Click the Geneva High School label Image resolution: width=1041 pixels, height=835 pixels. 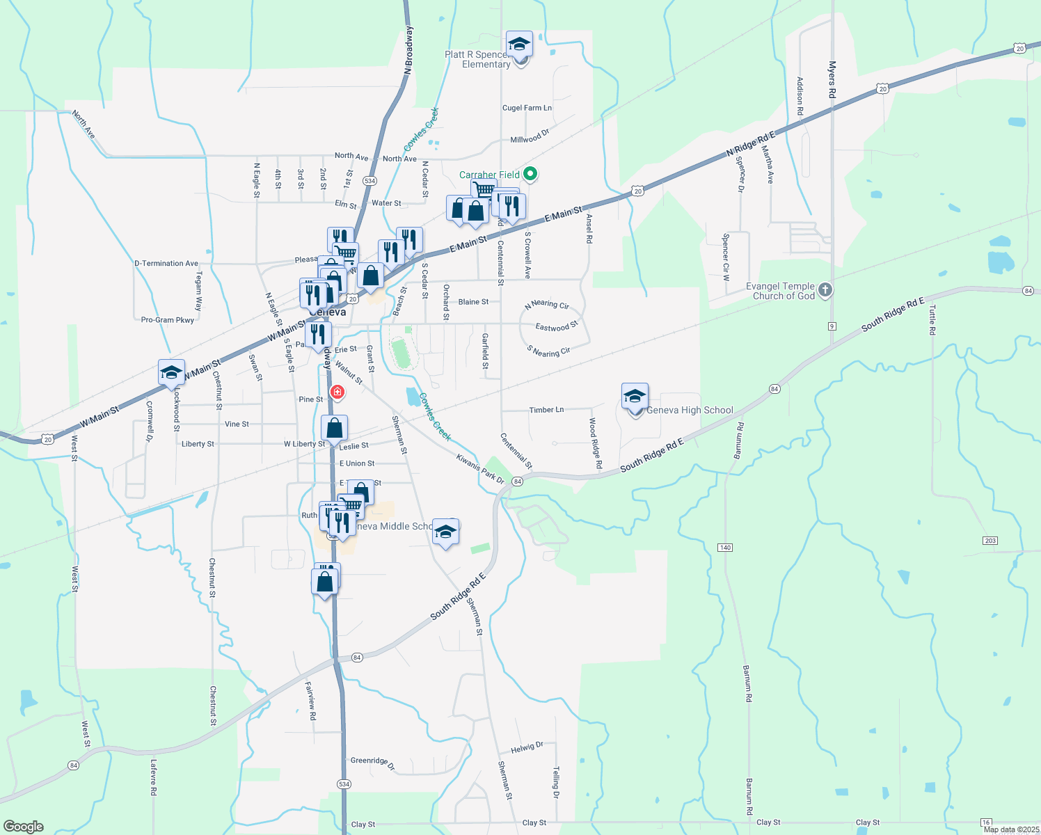coord(690,411)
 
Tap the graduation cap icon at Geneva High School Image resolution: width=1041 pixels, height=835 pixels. coord(635,397)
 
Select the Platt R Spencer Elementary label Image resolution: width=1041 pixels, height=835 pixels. coord(477,59)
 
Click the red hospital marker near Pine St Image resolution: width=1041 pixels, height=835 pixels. coord(337,393)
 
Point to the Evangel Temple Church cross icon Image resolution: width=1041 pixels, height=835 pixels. coord(825,289)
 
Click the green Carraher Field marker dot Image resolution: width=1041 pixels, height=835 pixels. coord(530,174)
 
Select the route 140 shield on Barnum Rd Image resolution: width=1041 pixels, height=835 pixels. coord(725,548)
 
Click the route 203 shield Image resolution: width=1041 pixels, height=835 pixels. coord(990,541)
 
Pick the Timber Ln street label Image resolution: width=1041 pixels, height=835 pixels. coord(546,410)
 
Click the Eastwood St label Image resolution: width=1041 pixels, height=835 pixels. coord(557,327)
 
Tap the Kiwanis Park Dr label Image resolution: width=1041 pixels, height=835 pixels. coord(480,469)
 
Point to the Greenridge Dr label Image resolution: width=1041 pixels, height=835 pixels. coord(372,763)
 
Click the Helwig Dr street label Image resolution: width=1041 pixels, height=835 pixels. coord(527,748)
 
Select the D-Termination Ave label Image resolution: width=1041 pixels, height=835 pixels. coord(166,264)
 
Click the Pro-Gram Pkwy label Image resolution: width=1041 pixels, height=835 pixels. coord(168,320)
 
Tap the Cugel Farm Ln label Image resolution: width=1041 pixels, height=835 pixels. coord(527,108)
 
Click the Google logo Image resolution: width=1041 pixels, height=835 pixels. coord(23,827)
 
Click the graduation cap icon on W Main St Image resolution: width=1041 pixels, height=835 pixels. coord(171,373)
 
